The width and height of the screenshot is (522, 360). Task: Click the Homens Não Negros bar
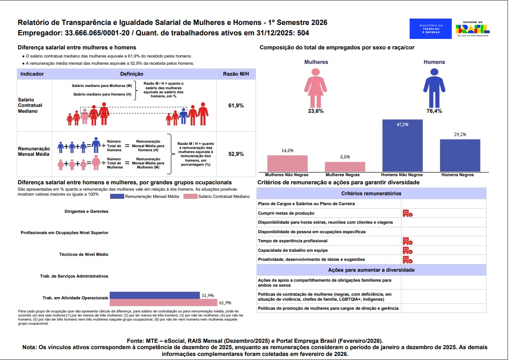click(402, 145)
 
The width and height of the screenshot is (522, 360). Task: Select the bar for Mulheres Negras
click(345, 167)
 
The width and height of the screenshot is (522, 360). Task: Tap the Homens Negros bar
click(460, 155)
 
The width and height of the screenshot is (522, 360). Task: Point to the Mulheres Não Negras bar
click(287, 163)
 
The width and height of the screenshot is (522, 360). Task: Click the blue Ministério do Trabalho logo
click(430, 29)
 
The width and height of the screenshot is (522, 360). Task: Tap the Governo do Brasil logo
click(473, 28)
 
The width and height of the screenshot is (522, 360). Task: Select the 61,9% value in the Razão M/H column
click(236, 106)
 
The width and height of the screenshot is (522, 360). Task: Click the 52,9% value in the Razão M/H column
click(236, 154)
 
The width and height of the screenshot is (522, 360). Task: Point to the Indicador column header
click(32, 74)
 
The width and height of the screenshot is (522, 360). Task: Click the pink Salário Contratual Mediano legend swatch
click(190, 197)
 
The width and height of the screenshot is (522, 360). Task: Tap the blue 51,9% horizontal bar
click(155, 295)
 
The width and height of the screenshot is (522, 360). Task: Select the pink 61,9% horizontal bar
click(163, 302)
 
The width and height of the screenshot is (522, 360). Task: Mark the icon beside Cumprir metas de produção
click(407, 213)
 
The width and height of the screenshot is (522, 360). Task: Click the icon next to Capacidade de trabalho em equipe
click(407, 250)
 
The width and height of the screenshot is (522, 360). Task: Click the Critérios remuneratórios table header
click(371, 193)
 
